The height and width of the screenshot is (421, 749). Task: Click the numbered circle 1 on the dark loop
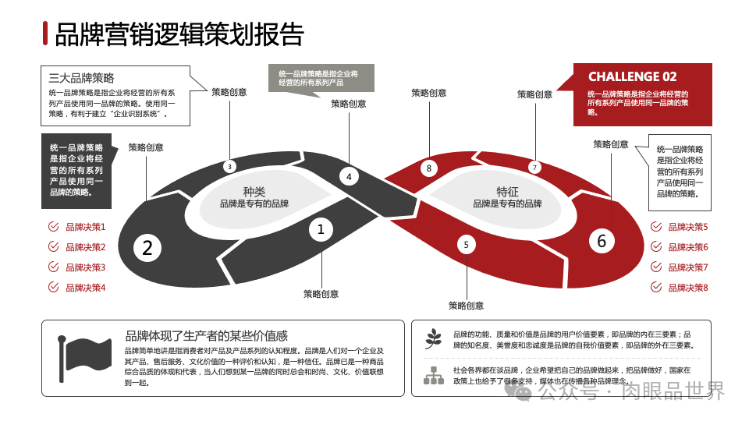[321, 229]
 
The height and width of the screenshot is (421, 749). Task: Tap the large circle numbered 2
[147, 248]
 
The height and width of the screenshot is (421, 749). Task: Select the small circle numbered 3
[229, 166]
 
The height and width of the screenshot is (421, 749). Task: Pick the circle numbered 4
[349, 177]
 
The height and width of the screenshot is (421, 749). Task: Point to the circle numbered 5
[466, 245]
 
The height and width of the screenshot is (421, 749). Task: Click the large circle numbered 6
[601, 241]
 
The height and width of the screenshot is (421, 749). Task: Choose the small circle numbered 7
[534, 167]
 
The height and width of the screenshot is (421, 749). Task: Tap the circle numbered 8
[428, 168]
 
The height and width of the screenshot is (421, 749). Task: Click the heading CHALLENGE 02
[632, 76]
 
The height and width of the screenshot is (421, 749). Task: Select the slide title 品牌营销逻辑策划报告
[179, 34]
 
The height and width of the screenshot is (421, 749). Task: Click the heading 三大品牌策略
[81, 78]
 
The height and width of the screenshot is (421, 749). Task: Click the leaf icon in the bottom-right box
[433, 338]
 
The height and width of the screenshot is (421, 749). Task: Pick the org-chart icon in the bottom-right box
[433, 375]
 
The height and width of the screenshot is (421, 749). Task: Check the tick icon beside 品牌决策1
[53, 227]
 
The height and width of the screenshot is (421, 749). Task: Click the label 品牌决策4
[85, 288]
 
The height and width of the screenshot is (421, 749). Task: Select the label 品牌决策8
[688, 288]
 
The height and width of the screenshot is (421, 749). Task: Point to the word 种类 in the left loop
[254, 192]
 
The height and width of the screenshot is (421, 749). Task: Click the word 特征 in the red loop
[508, 192]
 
